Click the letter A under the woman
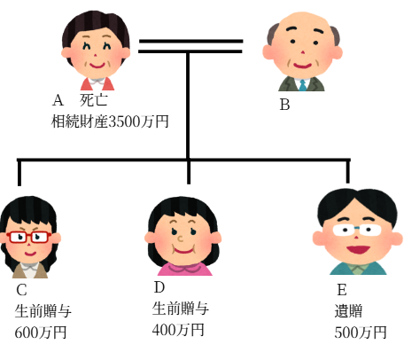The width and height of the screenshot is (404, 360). (x=58, y=100)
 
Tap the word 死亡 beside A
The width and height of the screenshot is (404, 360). (x=93, y=100)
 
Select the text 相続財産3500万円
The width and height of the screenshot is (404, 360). (x=110, y=121)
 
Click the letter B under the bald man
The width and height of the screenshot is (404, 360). (x=284, y=105)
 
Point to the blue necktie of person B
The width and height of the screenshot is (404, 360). (x=303, y=85)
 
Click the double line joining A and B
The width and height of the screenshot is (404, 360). (x=190, y=46)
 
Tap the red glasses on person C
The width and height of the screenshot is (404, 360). (x=28, y=237)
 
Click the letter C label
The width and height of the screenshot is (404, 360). (x=21, y=290)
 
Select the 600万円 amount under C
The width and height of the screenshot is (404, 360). (x=41, y=333)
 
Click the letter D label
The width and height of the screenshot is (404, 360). (x=159, y=287)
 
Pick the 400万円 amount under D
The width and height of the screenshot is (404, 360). (x=178, y=330)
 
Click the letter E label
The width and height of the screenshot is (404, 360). (x=342, y=290)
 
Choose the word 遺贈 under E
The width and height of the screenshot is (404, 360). (x=348, y=311)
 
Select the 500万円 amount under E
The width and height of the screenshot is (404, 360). (x=361, y=333)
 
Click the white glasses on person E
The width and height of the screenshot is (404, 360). (x=357, y=230)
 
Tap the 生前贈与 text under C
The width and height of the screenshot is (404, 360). (x=43, y=311)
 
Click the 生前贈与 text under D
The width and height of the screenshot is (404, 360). (x=181, y=309)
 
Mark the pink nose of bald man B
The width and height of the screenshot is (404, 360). (x=302, y=52)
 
